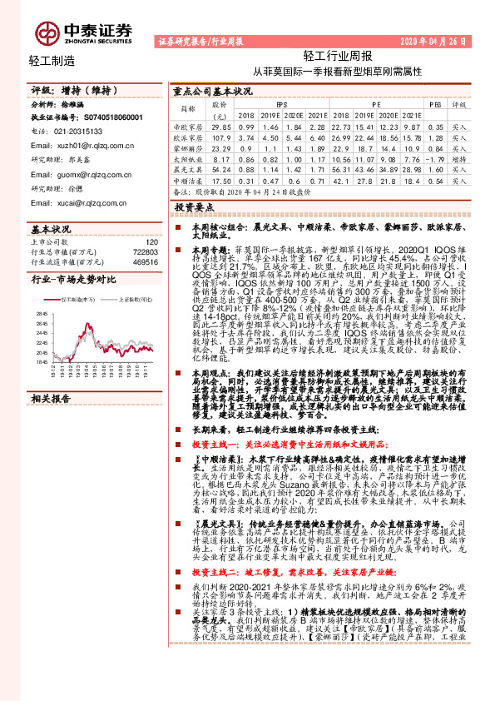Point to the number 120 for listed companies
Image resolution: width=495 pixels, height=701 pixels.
click(151, 240)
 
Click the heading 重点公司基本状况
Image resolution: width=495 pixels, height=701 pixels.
click(211, 91)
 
